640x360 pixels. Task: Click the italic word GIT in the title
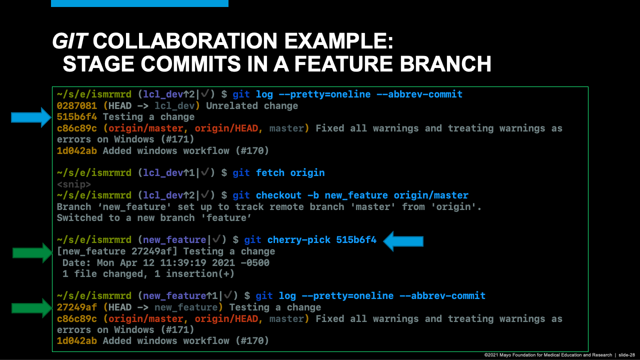point(69,41)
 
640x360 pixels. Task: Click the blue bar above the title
point(139,3)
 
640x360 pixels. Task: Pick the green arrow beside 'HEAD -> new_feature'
point(32,307)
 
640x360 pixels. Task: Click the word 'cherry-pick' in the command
point(299,240)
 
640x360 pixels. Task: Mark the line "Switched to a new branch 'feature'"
point(153,218)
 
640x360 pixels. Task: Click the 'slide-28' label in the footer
point(627,354)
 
